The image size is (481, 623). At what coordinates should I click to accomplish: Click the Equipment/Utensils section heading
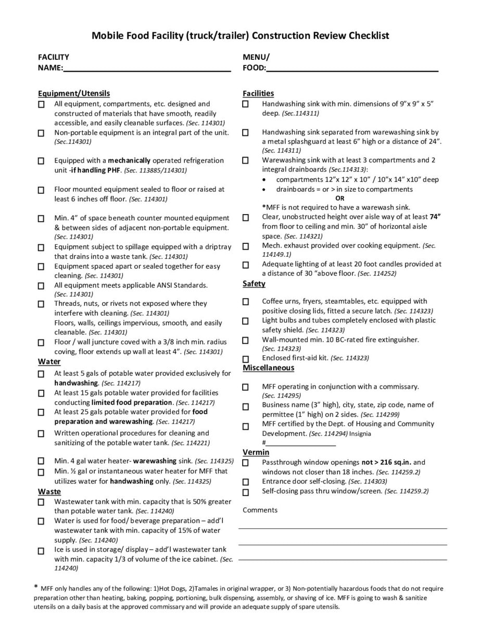[x=74, y=93]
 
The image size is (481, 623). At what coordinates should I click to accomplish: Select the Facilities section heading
[x=258, y=93]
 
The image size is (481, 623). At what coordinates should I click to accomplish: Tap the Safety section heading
[x=254, y=284]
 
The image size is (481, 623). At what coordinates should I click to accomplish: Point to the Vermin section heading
[x=256, y=452]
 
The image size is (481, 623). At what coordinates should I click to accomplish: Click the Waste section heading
[x=49, y=492]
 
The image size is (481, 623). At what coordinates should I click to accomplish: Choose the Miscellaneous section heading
[x=268, y=368]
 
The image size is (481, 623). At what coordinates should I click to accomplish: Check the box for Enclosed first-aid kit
[x=246, y=358]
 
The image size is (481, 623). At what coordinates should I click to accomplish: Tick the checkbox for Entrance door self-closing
[x=246, y=482]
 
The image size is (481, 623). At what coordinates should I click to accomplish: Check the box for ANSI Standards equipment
[x=41, y=286]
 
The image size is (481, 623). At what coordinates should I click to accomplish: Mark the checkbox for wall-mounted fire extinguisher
[x=246, y=340]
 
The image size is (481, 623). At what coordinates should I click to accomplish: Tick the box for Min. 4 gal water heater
[x=41, y=461]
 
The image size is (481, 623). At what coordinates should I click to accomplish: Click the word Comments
[x=260, y=510]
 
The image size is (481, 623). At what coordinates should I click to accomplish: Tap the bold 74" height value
[x=435, y=217]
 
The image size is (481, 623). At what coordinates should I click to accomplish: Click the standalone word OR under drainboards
[x=340, y=198]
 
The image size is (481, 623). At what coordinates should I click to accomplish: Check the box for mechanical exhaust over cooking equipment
[x=246, y=246]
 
